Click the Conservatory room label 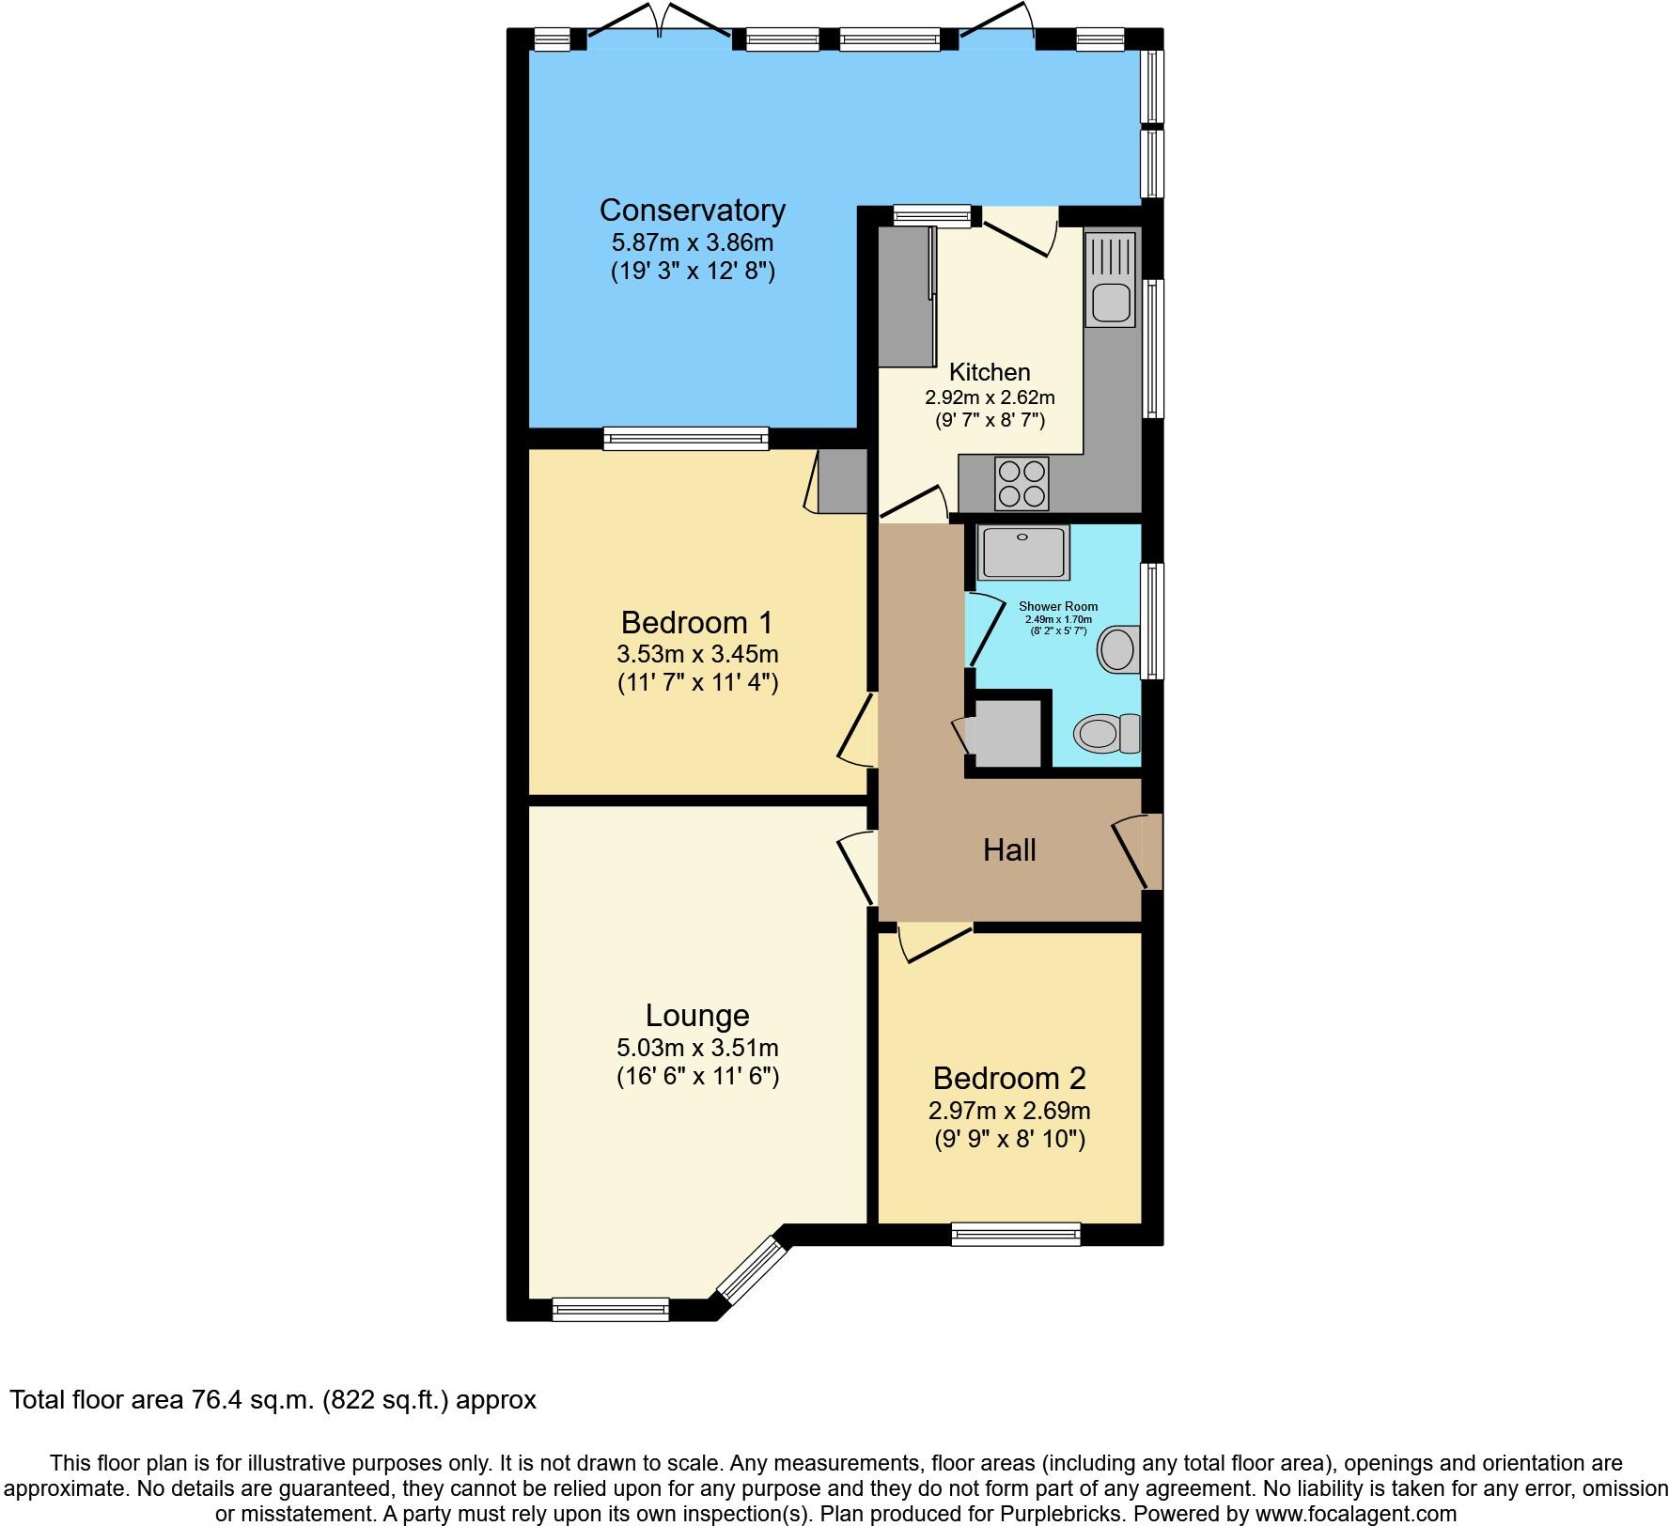tap(693, 210)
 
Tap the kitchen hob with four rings tap(1021, 483)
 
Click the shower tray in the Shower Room tap(1023, 552)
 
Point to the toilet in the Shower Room tap(1106, 733)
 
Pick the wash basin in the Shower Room tap(1118, 649)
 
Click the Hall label tap(1009, 849)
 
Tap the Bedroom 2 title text tap(1009, 1078)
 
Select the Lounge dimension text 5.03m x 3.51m tap(697, 1047)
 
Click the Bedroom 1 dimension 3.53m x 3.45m tap(697, 653)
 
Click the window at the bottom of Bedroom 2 tap(1016, 1234)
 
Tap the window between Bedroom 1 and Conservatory tap(686, 438)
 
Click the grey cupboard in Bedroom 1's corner tap(842, 480)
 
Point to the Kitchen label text tap(990, 371)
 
